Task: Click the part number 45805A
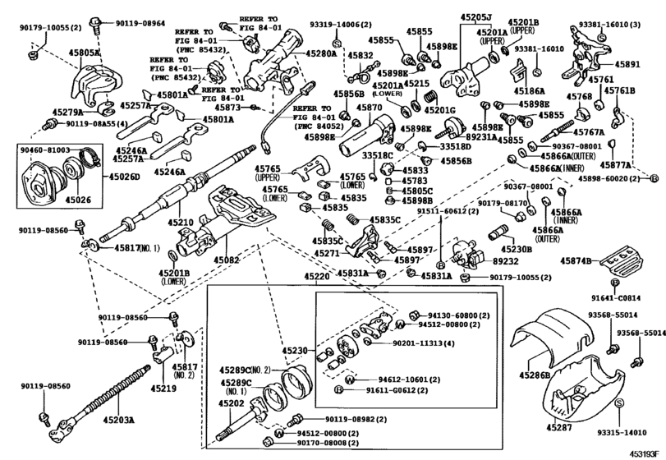[x=85, y=52]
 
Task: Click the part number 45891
[x=629, y=62]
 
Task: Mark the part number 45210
[x=181, y=223]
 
